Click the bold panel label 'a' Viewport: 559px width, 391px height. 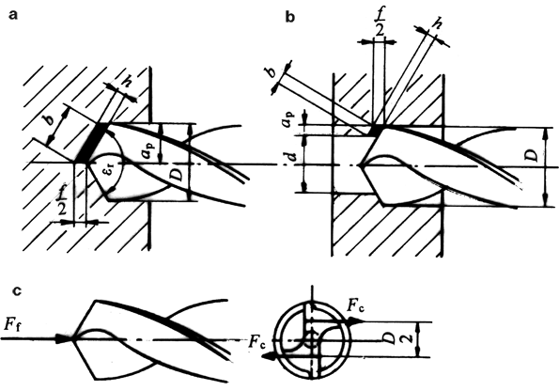click(13, 15)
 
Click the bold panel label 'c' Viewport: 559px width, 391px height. click(17, 291)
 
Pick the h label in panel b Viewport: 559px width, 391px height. click(436, 23)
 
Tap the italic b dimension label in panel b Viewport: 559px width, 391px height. click(272, 71)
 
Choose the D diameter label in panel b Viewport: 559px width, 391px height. click(531, 155)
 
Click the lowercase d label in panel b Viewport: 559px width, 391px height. click(291, 157)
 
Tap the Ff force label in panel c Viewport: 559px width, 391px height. click(12, 324)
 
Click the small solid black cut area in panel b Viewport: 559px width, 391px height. click(375, 130)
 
